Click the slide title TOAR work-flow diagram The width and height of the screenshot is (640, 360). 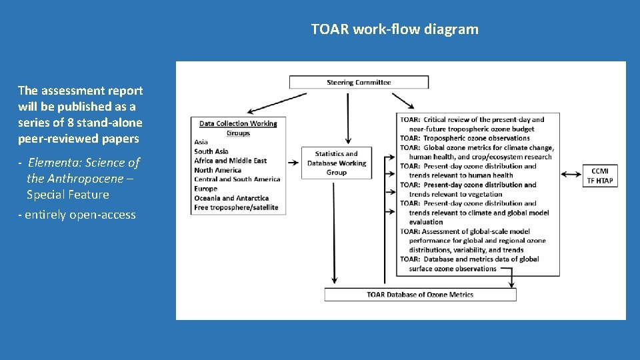[395, 29]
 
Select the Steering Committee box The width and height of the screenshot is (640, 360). [359, 83]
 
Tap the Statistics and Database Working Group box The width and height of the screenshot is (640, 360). [337, 163]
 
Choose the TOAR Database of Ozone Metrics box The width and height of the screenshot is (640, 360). [420, 295]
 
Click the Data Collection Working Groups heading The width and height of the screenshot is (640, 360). [238, 128]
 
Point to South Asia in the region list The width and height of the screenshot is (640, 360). [211, 151]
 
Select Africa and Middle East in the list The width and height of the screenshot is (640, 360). [231, 161]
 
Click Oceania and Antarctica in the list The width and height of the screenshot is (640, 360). [231, 198]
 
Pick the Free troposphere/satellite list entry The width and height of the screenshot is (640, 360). [236, 207]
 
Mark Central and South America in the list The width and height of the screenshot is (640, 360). [237, 179]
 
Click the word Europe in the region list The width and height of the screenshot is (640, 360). [206, 189]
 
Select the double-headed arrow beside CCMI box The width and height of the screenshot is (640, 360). [571, 175]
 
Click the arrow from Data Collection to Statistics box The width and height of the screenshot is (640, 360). [293, 161]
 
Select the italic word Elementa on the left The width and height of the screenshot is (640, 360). [55, 163]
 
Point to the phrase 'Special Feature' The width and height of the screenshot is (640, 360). [67, 195]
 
